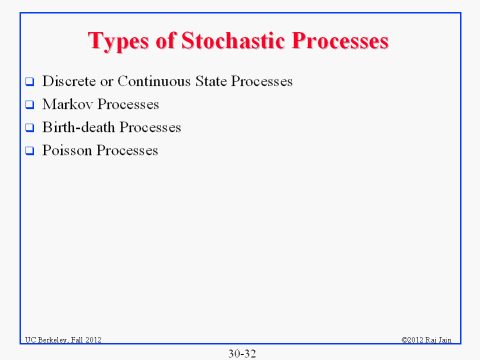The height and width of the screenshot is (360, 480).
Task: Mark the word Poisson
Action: point(67,151)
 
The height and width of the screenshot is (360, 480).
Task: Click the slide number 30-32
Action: point(240,352)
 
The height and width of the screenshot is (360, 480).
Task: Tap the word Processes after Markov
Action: point(129,104)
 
